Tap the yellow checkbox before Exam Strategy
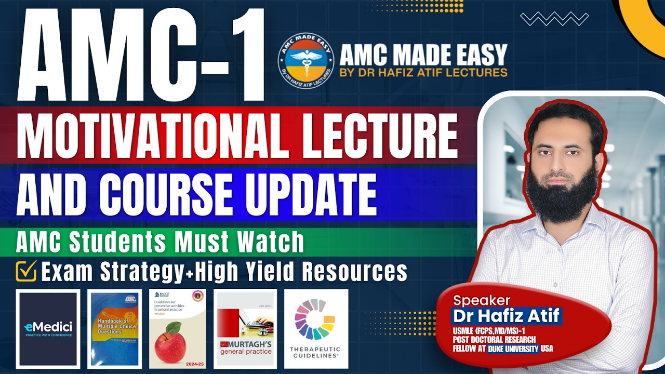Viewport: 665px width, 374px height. (x=25, y=271)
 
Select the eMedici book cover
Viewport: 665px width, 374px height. (x=48, y=328)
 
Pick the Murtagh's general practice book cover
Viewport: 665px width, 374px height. (x=245, y=328)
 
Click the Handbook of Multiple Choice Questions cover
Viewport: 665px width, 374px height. (x=114, y=328)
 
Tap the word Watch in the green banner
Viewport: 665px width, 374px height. (x=270, y=242)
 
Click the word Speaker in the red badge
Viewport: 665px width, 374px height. (x=482, y=300)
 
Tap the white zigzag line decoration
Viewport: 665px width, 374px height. (x=554, y=19)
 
